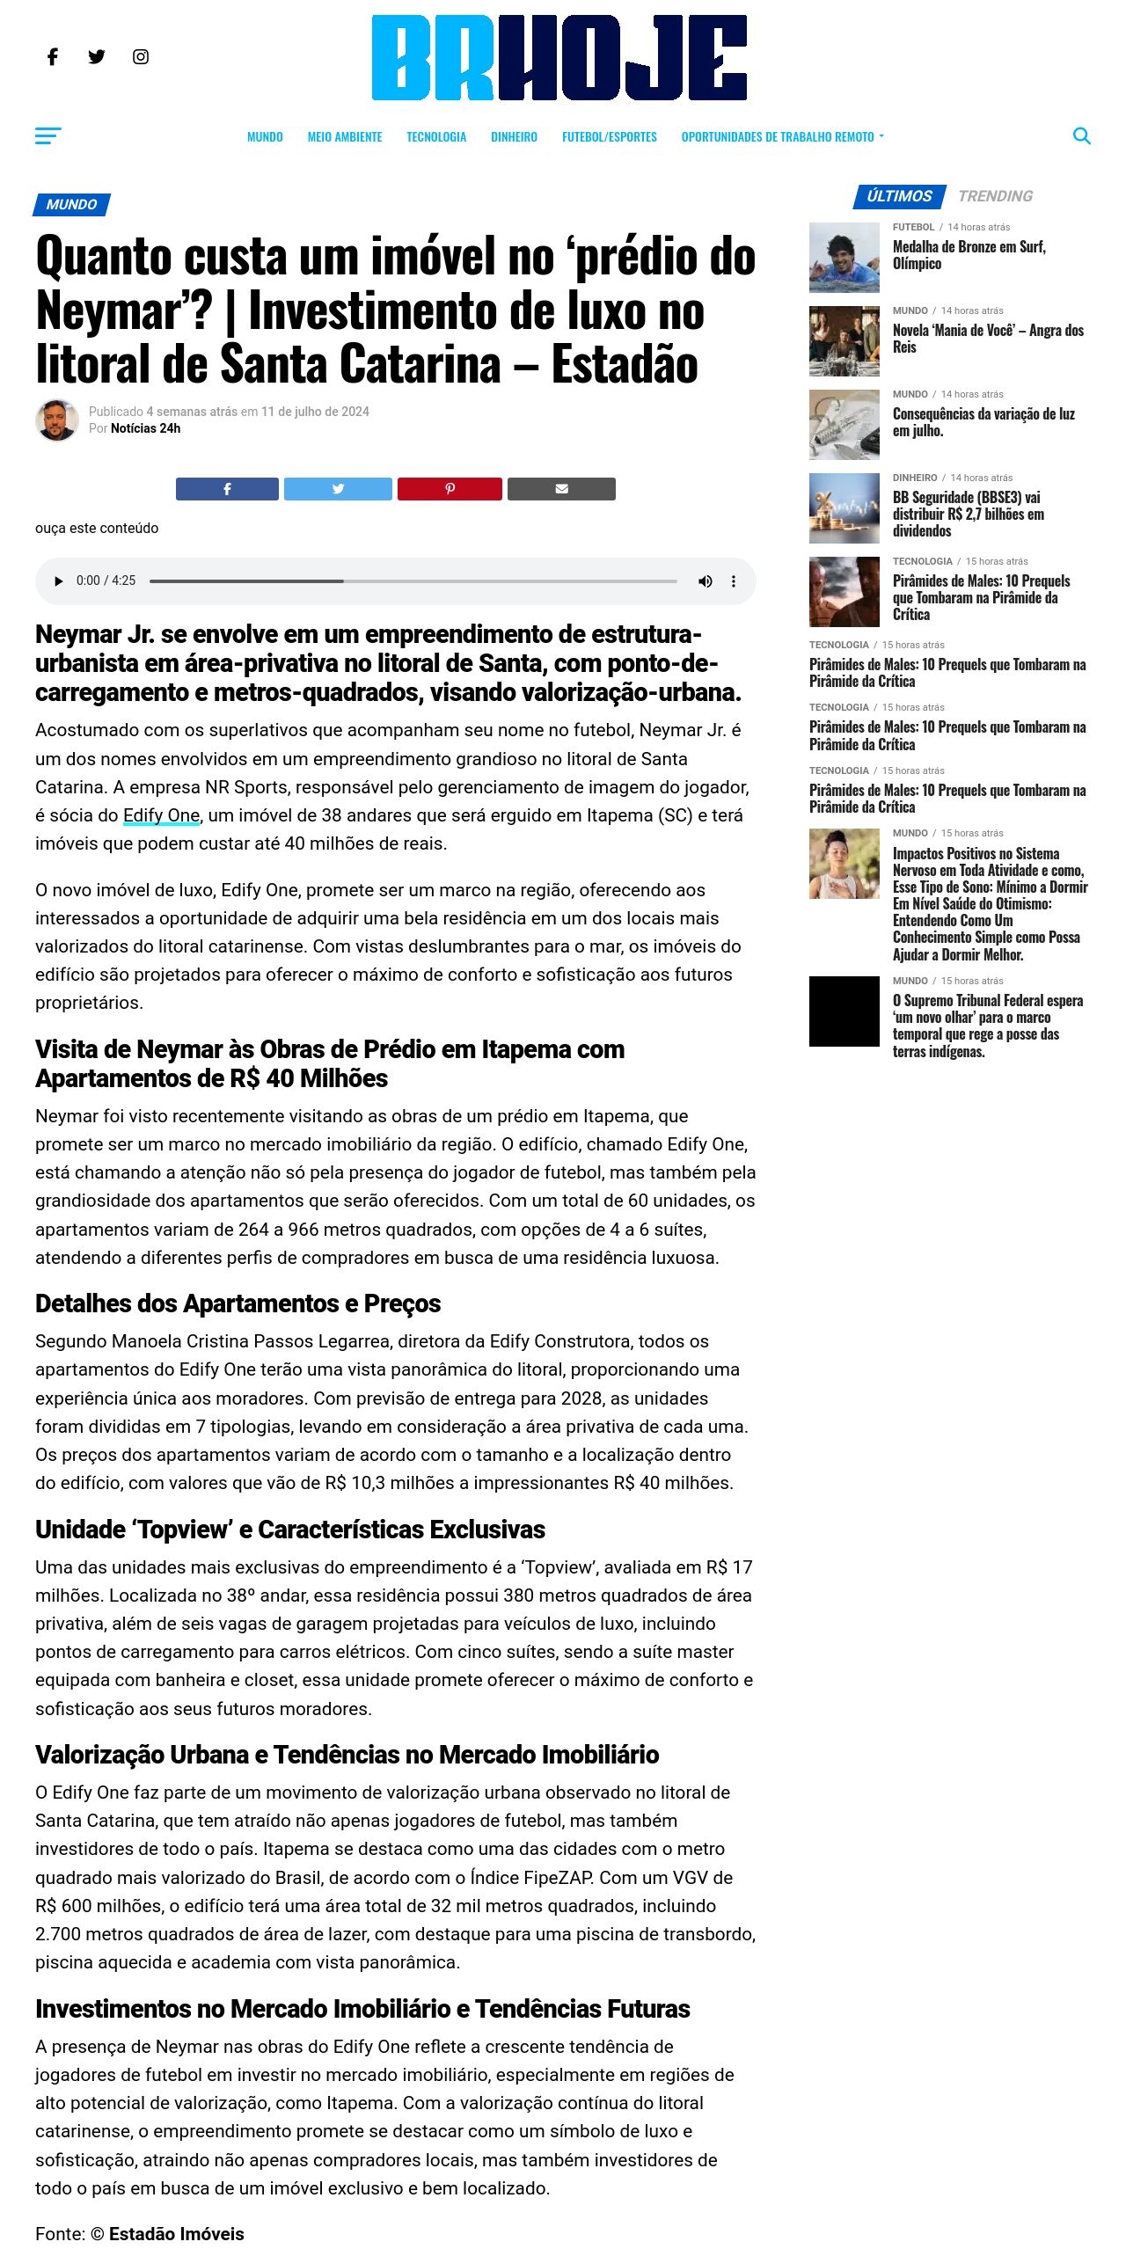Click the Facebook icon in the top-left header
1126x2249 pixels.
click(x=53, y=57)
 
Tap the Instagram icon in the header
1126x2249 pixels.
click(x=141, y=57)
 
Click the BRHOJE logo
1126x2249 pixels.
click(x=559, y=58)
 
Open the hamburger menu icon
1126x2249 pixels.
click(x=48, y=135)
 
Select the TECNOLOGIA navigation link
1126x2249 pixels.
click(x=436, y=137)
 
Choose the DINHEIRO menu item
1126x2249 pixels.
click(x=514, y=137)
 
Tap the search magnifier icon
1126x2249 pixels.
click(x=1082, y=136)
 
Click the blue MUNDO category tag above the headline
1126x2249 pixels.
click(x=71, y=205)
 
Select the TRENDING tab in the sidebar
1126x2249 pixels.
click(x=995, y=196)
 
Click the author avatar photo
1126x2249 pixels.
click(x=57, y=420)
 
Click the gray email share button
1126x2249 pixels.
click(x=561, y=489)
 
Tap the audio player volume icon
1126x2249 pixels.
click(x=705, y=581)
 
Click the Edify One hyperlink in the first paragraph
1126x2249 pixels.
click(x=162, y=815)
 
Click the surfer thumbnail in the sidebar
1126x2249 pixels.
click(x=844, y=258)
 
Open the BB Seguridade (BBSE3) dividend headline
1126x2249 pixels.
click(x=968, y=514)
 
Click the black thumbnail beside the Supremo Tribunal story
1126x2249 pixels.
click(x=844, y=1011)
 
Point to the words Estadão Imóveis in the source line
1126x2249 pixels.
click(x=176, y=2233)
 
